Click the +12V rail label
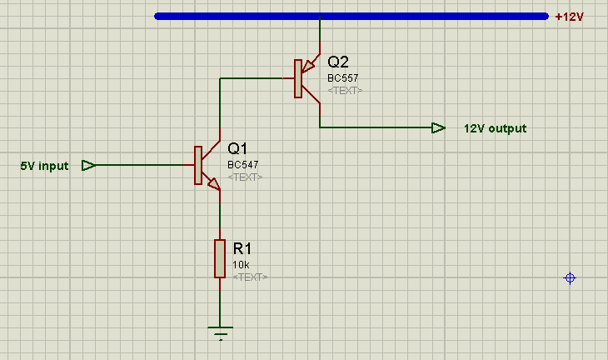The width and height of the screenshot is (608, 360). coord(569,17)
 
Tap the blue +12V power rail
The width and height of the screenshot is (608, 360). coord(351,17)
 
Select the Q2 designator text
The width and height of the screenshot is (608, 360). coord(338,62)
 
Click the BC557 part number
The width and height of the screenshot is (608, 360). coord(343,78)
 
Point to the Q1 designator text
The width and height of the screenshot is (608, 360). coord(237,148)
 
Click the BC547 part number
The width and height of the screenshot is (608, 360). coord(242,164)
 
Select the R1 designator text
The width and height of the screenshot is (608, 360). coord(242,248)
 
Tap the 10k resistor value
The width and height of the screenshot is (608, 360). coord(241,264)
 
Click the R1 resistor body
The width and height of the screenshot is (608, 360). coord(220,258)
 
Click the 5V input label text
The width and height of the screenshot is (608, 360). coord(44,166)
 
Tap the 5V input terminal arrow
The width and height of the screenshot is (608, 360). coord(89,166)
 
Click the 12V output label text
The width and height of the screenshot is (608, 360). coord(496,128)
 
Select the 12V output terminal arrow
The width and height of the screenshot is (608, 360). coord(439,127)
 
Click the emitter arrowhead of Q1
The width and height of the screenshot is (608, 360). coord(214,184)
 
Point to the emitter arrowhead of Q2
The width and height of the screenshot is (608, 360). coord(308,67)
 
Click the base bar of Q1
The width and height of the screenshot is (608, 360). coord(198,165)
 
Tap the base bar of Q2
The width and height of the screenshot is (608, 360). coord(298,78)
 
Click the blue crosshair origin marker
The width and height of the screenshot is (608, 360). coord(570,277)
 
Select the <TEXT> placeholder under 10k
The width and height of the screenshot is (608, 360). coord(250,277)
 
